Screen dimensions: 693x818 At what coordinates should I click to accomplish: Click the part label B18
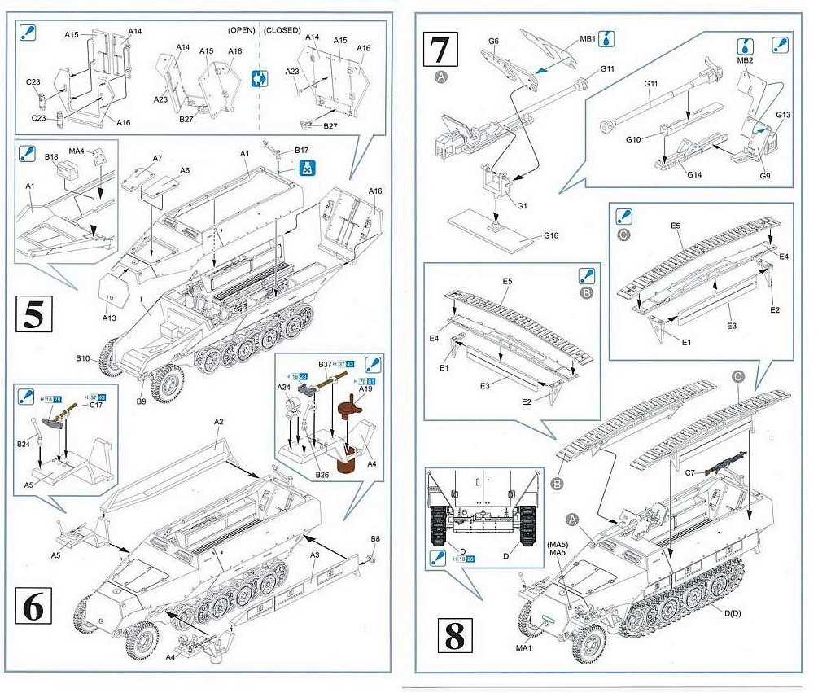[x=51, y=155]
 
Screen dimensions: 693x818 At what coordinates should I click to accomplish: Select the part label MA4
[x=77, y=151]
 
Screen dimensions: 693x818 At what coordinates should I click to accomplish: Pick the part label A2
[x=218, y=423]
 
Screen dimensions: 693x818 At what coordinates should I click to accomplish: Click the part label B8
[x=375, y=539]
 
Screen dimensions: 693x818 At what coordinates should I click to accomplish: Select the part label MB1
[x=588, y=38]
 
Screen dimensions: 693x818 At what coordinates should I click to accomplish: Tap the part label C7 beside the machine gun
[x=691, y=472]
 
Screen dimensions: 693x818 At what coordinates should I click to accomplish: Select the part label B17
[x=301, y=150]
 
